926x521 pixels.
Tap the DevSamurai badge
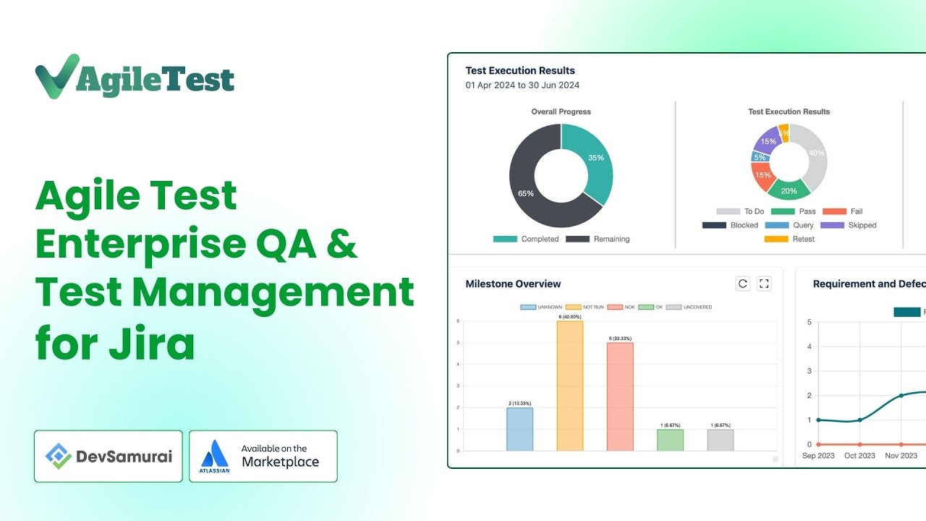pos(108,457)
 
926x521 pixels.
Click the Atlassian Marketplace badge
pos(263,457)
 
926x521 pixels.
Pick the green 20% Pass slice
pos(789,190)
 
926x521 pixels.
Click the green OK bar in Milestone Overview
pos(670,440)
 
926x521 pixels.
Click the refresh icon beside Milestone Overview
pos(742,284)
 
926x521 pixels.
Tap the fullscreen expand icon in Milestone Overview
pos(764,284)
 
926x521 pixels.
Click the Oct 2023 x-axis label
pos(859,456)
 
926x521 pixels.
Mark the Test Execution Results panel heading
pos(520,70)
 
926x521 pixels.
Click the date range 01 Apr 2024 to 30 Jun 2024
pos(522,85)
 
